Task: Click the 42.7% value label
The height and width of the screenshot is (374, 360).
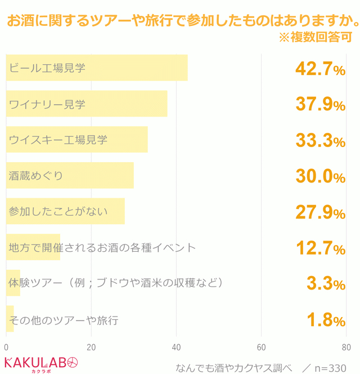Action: pos(320,69)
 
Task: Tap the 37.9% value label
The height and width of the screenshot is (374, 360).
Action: pos(320,105)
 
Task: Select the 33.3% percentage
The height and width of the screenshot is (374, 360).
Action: pos(320,141)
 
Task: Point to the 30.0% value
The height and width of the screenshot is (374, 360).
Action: pos(320,177)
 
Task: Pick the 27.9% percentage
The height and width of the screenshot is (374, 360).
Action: pos(320,213)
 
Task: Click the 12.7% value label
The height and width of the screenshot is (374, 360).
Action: pos(320,248)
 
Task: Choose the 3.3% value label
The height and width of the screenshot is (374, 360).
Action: pos(326,284)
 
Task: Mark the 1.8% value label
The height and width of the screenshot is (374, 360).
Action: pos(326,320)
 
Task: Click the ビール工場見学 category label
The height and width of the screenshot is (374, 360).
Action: pos(47,68)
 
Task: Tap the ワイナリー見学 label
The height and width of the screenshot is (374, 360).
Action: pos(47,104)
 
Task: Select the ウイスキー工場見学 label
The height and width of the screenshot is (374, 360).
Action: pos(58,140)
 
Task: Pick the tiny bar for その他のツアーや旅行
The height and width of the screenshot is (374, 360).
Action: pos(10,319)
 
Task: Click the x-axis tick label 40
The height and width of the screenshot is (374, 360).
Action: pos(176,347)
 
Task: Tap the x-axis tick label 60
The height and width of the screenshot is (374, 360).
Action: pos(262,347)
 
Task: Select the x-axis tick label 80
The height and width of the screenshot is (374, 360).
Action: pos(346,347)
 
